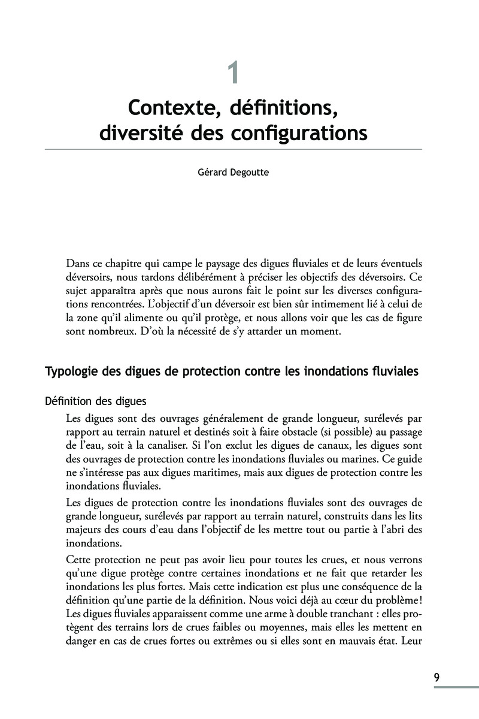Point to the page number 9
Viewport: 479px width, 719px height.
click(437, 678)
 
